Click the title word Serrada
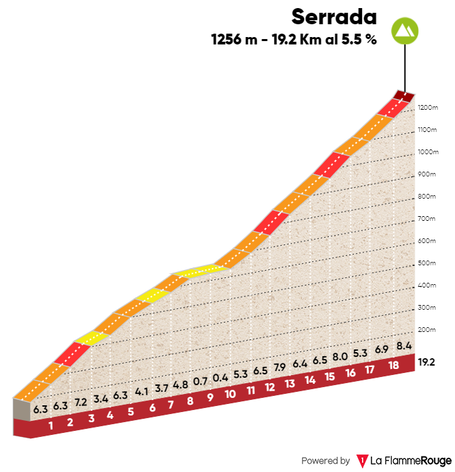(334, 15)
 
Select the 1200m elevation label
(427, 108)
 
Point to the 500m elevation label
(427, 263)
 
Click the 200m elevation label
(427, 330)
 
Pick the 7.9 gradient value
(280, 367)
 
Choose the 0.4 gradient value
(220, 378)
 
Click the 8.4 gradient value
(404, 346)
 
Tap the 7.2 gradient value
(80, 401)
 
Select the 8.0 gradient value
(340, 357)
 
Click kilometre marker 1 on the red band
(51, 424)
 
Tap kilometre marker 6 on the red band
(152, 407)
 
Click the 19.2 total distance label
(426, 362)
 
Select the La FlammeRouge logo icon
(362, 461)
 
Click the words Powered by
(325, 461)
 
